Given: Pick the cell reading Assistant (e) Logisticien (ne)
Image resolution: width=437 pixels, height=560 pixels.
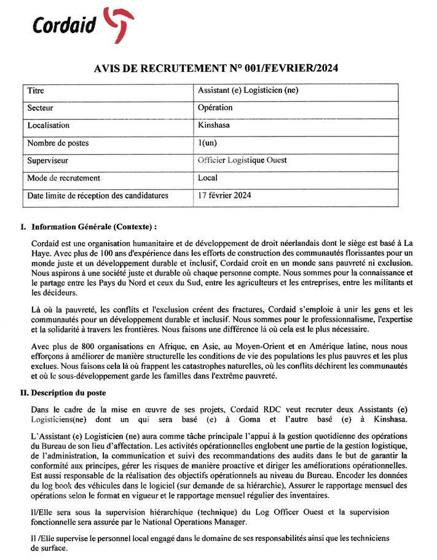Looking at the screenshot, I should click(x=248, y=90).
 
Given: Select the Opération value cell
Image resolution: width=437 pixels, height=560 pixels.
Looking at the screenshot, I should click(x=215, y=108).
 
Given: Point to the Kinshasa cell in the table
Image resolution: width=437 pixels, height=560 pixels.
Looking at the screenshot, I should click(x=215, y=125).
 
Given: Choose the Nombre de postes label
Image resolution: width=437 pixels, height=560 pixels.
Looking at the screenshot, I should click(x=58, y=143).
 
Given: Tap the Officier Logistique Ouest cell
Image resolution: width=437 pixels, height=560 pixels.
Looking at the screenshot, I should click(x=242, y=160).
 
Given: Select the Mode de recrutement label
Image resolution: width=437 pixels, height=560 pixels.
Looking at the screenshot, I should click(x=63, y=178).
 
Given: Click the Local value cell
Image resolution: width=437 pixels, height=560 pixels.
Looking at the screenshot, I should click(x=208, y=178).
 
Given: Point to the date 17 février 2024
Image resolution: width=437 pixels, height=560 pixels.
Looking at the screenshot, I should click(x=224, y=196).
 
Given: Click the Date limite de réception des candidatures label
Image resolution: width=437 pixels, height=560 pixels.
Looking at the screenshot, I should click(x=98, y=196).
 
